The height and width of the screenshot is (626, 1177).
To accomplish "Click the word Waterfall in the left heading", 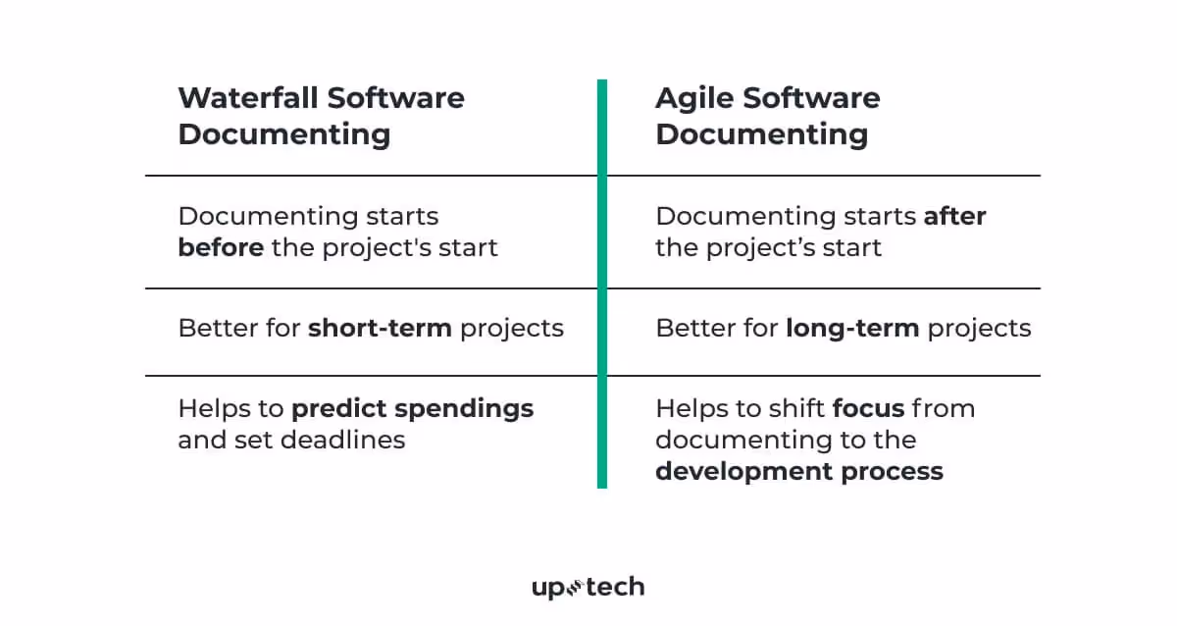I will coord(248,98).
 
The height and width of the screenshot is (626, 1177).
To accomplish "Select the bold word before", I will coord(221,247).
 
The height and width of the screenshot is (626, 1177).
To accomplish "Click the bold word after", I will coord(954,216).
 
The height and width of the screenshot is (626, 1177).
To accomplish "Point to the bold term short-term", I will coord(380,328).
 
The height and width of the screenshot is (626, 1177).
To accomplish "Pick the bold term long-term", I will coord(852,328).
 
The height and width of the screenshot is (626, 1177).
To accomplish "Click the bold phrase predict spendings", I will coord(413,408).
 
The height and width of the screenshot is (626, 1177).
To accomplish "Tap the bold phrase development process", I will coord(799,471).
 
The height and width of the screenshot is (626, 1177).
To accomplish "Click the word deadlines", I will coord(342,440).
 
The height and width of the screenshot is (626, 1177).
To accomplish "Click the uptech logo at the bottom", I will coord(588,588).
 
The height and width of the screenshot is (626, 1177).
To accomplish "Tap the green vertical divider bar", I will coord(601,284).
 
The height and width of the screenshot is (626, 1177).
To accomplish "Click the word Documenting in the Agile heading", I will coord(762,134).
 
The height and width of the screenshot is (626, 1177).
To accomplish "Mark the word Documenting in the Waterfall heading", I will coord(284,134).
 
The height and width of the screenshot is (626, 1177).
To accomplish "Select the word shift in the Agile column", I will coord(794,408).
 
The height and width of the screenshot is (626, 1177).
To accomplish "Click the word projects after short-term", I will coord(512,328).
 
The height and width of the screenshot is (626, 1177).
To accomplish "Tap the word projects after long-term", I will coord(979,328).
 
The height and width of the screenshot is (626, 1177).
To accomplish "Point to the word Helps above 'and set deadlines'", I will coord(211,408).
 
